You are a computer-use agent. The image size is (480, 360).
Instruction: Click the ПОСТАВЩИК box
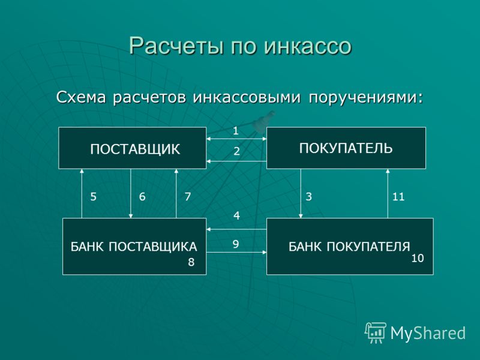132,148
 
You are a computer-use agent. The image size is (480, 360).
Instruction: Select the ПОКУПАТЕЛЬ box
346,148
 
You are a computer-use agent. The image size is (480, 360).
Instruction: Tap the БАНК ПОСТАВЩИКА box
134,247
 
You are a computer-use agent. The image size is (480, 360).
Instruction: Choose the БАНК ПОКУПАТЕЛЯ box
350,247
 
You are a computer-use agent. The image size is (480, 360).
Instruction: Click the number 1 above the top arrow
235,131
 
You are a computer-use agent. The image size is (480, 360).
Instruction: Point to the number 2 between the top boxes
236,151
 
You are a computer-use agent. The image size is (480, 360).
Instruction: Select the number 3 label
308,197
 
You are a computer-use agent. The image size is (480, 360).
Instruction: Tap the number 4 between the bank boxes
236,216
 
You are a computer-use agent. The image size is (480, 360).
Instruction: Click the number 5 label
94,197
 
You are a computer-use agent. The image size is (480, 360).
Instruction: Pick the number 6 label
142,197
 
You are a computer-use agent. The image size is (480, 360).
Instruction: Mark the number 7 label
188,197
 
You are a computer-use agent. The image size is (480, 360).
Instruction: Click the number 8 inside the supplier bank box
191,262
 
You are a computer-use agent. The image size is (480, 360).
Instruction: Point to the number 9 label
235,244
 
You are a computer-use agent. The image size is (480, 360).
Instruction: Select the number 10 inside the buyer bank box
417,259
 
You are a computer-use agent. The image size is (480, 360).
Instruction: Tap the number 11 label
398,197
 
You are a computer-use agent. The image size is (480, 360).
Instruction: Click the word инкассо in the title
308,46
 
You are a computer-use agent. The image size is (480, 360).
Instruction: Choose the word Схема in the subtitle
81,97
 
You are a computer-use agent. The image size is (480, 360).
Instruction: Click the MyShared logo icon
376,333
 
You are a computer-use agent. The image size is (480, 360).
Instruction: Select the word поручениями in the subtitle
366,98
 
